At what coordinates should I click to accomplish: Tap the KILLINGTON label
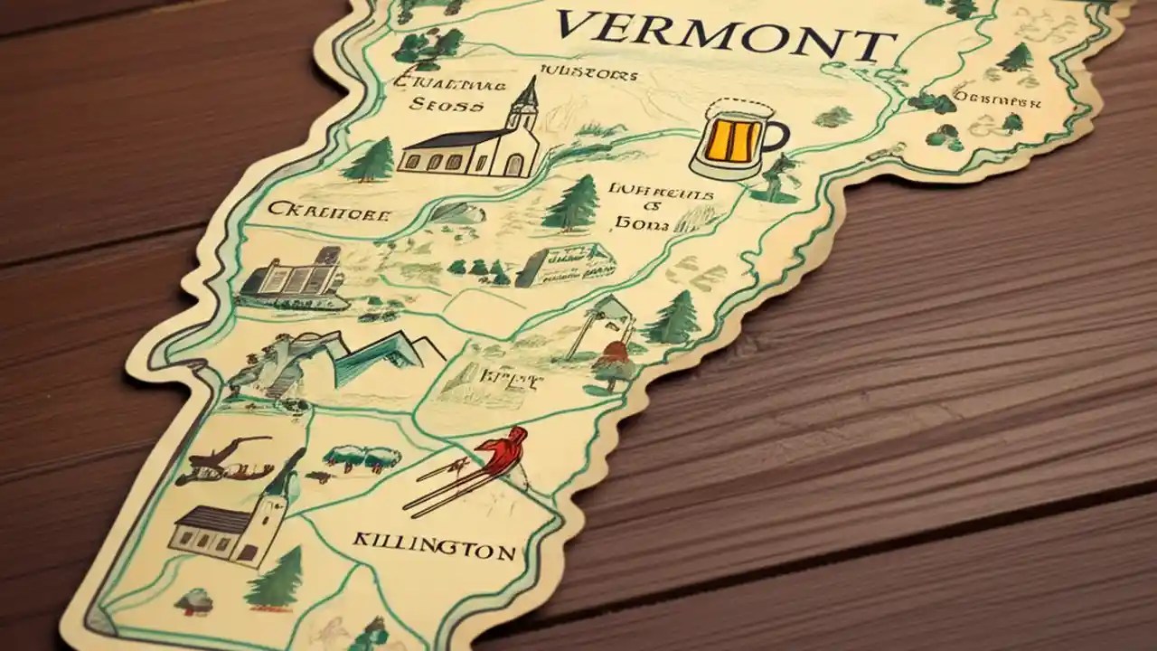point(433,546)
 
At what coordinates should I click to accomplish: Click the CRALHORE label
point(329,213)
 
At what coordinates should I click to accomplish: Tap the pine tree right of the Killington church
point(277,579)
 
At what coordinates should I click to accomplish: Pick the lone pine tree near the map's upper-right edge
point(1018,58)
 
